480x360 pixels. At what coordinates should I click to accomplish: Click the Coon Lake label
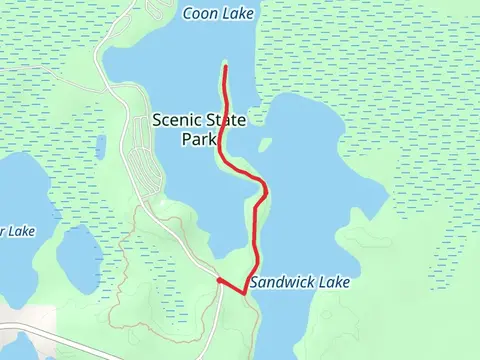(x=219, y=14)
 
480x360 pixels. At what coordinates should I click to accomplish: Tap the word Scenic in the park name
(x=175, y=120)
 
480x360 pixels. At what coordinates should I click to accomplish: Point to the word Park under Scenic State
(x=199, y=140)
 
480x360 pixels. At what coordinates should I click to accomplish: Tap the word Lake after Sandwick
(x=334, y=283)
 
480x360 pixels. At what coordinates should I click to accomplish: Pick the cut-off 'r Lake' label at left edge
(x=17, y=231)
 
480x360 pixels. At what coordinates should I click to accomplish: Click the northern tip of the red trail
(x=225, y=66)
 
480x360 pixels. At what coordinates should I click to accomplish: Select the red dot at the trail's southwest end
(x=219, y=281)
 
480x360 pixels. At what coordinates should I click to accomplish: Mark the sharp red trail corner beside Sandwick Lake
(x=245, y=292)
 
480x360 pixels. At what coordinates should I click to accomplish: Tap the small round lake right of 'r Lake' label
(x=75, y=252)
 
